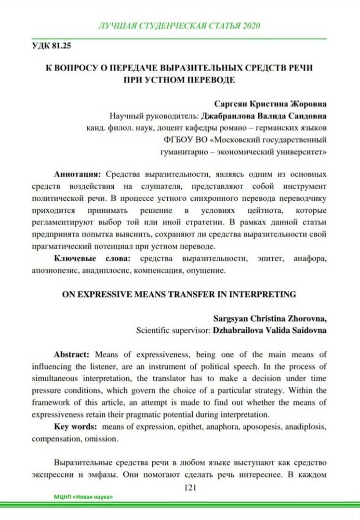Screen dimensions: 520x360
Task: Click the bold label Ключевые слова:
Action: [x=91, y=259]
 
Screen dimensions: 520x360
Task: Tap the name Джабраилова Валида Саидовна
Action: [x=265, y=116]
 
